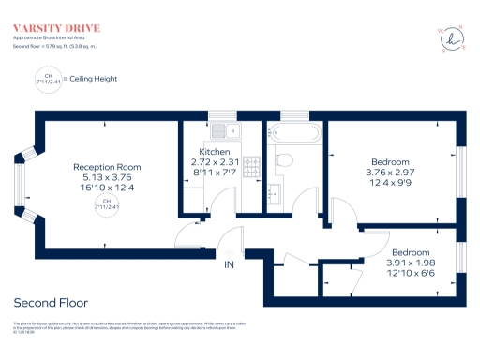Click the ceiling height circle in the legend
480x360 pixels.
pyautogui.click(x=45, y=79)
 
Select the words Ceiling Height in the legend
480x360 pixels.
pyautogui.click(x=92, y=79)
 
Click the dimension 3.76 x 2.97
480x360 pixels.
pyautogui.click(x=389, y=172)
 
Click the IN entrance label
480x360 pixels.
pyautogui.click(x=228, y=265)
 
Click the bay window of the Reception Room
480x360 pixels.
pyautogui.click(x=29, y=182)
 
